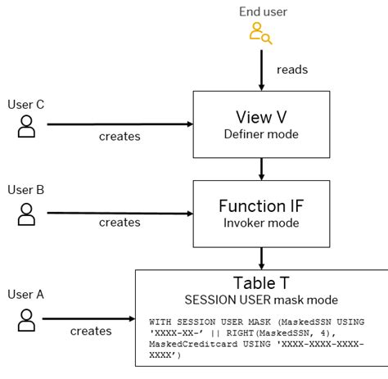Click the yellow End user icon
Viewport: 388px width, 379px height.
coord(260,34)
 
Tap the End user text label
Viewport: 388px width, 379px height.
coord(262,11)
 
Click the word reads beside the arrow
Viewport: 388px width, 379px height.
coord(291,70)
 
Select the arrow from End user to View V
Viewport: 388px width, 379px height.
coord(262,69)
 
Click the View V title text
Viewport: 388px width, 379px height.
coord(261,116)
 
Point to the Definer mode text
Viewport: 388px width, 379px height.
coord(261,134)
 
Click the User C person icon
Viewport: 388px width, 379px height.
coord(27,125)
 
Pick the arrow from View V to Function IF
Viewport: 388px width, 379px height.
coord(262,167)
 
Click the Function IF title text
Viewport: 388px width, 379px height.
coord(261,205)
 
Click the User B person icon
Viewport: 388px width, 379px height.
coord(27,214)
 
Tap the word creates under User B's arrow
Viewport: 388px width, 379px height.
coord(120,223)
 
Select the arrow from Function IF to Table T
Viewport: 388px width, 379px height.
coord(262,256)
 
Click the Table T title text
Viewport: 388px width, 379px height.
coord(260,283)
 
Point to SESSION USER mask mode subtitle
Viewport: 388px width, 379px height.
coord(260,300)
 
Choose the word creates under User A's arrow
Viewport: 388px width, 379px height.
coord(91,332)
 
